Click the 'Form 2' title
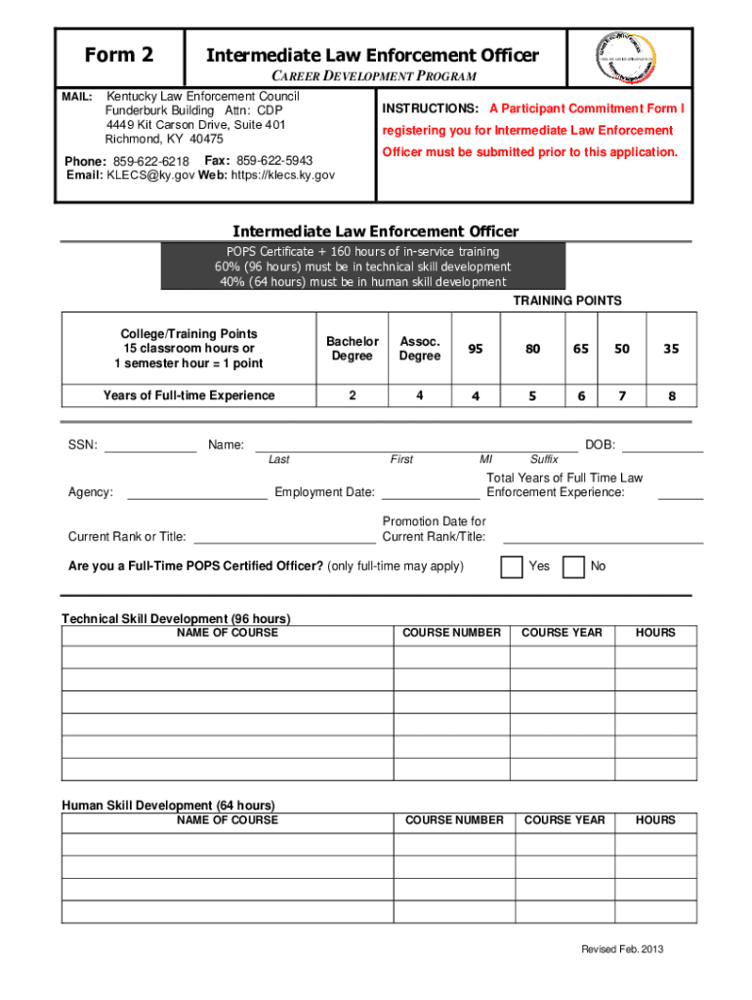click(119, 55)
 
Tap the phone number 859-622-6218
click(151, 160)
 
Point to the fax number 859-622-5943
click(274, 159)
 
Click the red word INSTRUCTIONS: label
click(430, 108)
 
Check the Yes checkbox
click(511, 566)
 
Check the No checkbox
click(574, 566)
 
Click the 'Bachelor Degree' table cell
click(352, 349)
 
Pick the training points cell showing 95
click(475, 349)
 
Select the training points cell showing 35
click(671, 349)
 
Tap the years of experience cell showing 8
click(671, 396)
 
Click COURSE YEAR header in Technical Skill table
click(562, 633)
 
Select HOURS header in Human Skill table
click(655, 820)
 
